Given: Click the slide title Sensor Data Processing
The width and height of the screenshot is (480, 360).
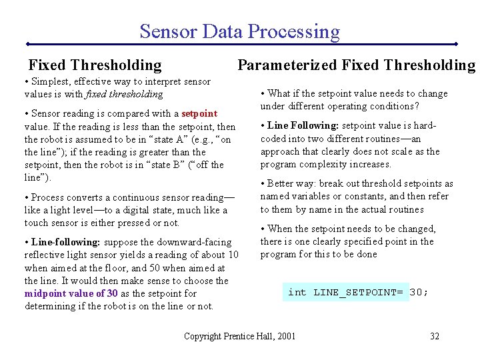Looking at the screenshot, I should pos(239,31).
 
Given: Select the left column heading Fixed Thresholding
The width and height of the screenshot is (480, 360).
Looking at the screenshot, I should pos(95,65).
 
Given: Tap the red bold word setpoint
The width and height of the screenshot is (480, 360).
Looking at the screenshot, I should pos(199,113).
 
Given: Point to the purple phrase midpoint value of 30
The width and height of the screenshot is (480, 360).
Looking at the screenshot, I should pos(71,293).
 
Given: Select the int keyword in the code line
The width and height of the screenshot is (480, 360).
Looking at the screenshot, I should pos(297,292).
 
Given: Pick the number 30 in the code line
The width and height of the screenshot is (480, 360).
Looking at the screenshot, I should pos(419,292).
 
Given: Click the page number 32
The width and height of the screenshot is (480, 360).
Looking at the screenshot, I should pos(435,336).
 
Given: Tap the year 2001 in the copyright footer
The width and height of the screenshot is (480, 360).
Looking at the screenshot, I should pos(284,336).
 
